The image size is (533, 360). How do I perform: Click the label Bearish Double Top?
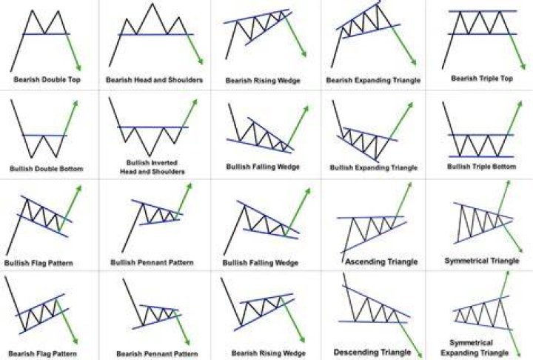pyautogui.click(x=47, y=79)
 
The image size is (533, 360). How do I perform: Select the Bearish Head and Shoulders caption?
pyautogui.click(x=154, y=80)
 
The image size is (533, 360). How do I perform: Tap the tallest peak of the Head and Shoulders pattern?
pyautogui.click(x=152, y=4)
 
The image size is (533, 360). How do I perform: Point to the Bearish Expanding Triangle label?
pyautogui.click(x=373, y=80)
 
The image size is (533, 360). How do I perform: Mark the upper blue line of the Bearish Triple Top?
pyautogui.click(x=483, y=11)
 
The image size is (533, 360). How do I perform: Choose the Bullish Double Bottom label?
pyautogui.click(x=47, y=169)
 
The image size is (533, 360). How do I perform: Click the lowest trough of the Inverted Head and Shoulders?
pyautogui.click(x=150, y=156)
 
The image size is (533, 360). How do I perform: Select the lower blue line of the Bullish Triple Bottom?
pyautogui.click(x=481, y=156)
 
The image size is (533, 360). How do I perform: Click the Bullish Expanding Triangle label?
pyautogui.click(x=374, y=167)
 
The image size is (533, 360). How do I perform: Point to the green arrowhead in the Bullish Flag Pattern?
pyautogui.click(x=79, y=189)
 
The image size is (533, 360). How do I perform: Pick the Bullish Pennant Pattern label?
pyautogui.click(x=152, y=263)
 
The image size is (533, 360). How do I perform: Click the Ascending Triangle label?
pyautogui.click(x=381, y=261)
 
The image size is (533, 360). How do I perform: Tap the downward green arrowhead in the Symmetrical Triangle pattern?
pyautogui.click(x=520, y=249)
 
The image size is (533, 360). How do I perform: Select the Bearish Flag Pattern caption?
pyautogui.click(x=42, y=354)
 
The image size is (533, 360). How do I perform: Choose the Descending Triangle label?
pyautogui.click(x=372, y=352)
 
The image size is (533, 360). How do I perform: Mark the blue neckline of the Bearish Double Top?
pyautogui.click(x=47, y=33)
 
